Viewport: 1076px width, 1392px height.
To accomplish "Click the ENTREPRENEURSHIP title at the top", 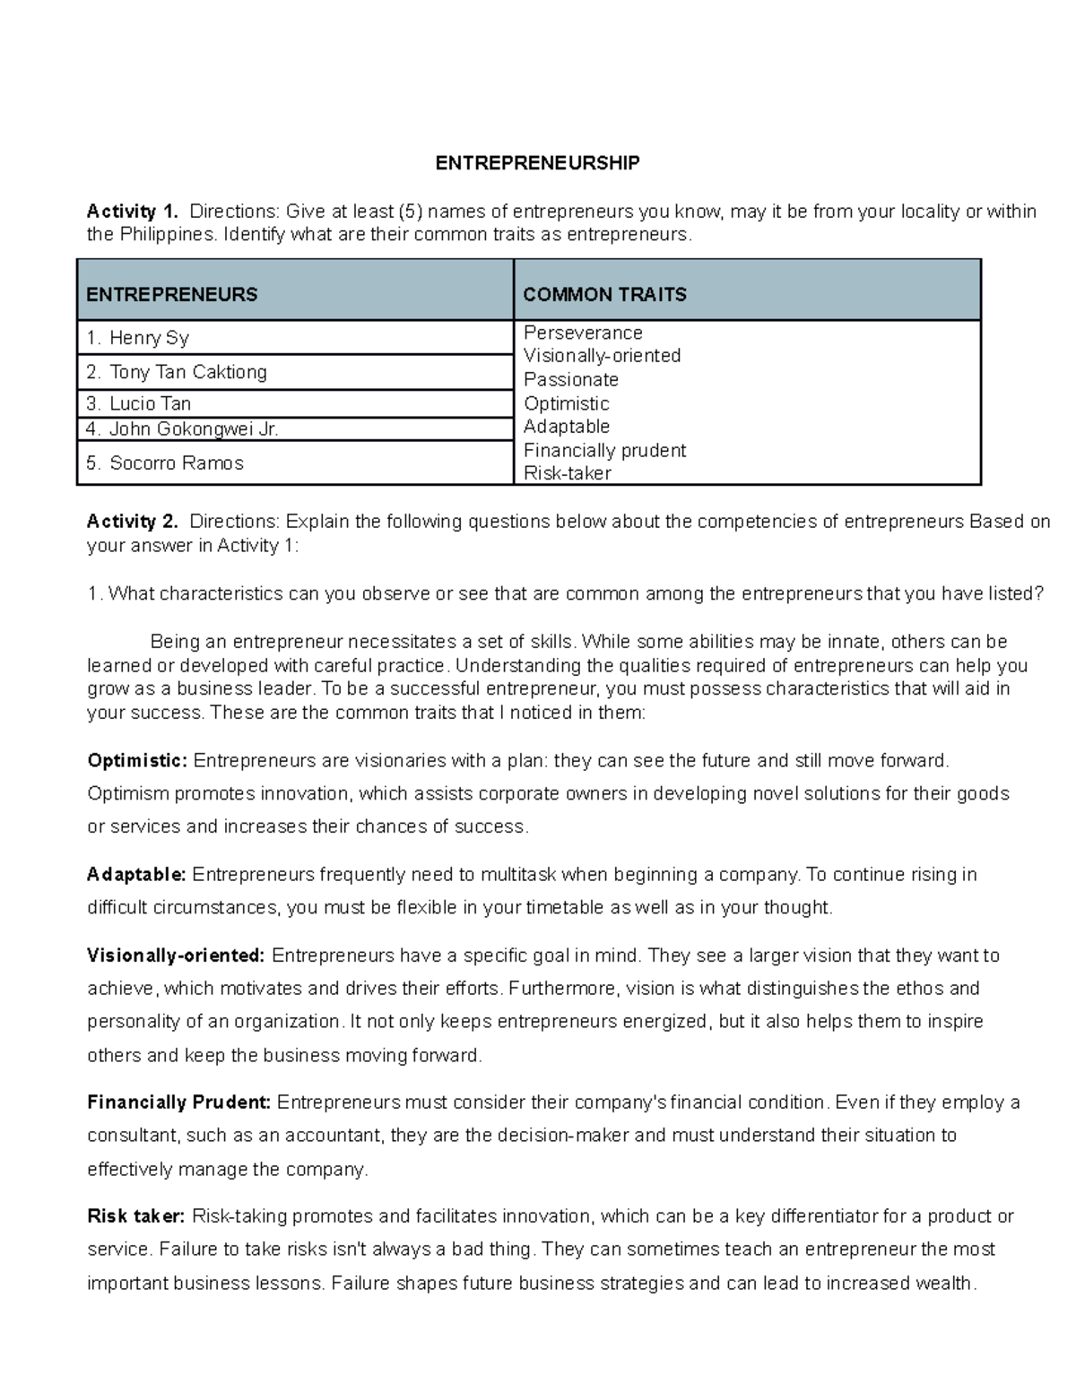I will click(x=537, y=163).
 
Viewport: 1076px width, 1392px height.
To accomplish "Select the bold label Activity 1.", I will click(x=132, y=212).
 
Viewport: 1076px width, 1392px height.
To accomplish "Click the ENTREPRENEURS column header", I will click(x=172, y=294).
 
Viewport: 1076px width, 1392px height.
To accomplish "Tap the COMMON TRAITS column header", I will click(x=604, y=294).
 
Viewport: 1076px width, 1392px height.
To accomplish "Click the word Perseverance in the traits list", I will click(x=583, y=333).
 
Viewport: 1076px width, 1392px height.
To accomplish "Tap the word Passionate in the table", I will click(x=571, y=379).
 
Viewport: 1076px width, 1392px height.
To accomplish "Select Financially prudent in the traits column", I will click(x=604, y=450).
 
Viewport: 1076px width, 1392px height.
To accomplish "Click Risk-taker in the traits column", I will click(x=567, y=473).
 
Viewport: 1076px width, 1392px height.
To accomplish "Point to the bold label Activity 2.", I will click(x=132, y=522).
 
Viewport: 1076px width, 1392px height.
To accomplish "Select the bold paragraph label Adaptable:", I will click(x=136, y=875).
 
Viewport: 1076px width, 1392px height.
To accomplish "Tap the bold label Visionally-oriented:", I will click(x=176, y=955).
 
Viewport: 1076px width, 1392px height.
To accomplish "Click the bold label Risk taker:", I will click(x=135, y=1216).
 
